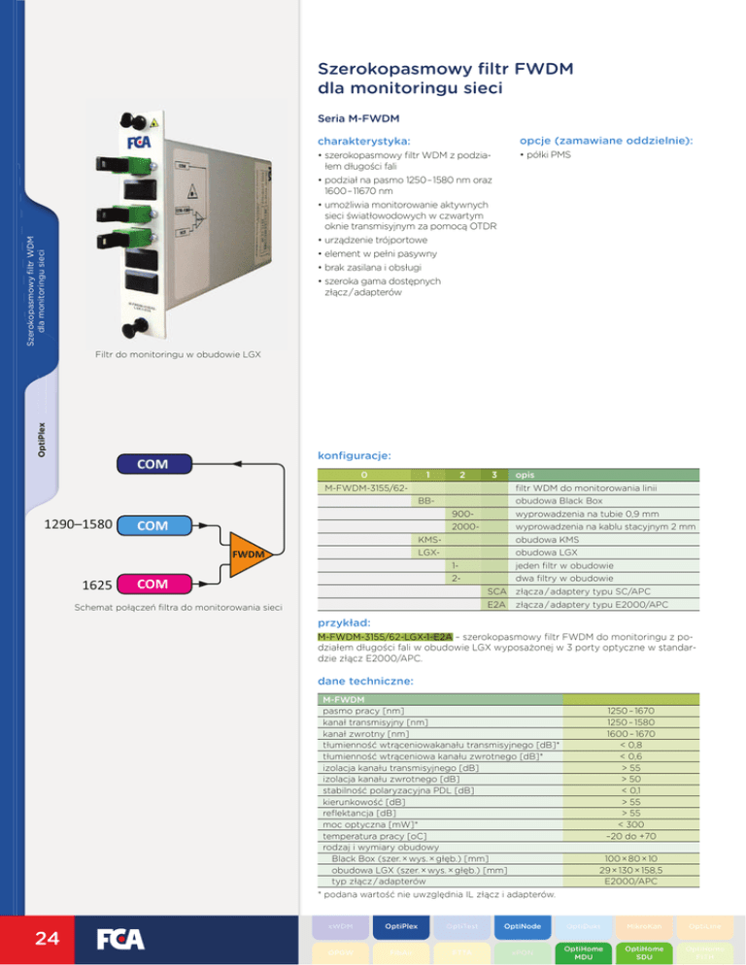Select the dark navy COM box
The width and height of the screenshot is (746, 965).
tap(152, 464)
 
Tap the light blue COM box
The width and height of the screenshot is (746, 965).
tap(152, 525)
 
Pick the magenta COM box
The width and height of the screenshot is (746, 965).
tap(152, 584)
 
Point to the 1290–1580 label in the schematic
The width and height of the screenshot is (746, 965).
tap(79, 525)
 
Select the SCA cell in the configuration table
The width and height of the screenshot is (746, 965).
tap(497, 591)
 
